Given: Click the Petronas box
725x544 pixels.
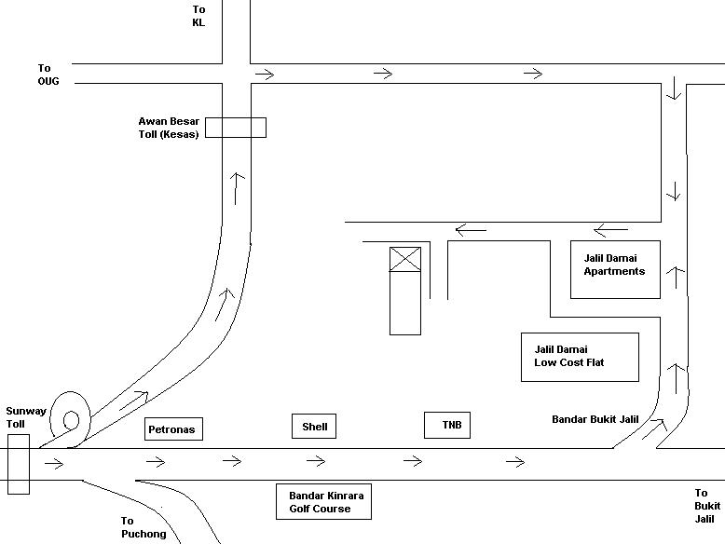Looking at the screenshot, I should coord(174,429).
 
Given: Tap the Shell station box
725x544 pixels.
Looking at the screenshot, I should coord(315,427).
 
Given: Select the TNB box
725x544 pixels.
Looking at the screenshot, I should coord(446,426).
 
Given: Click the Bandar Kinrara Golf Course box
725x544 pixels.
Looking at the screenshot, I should coord(320,502).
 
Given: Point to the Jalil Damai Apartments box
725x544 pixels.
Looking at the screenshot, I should coord(615,269).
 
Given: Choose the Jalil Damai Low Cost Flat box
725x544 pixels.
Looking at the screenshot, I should coord(580,357).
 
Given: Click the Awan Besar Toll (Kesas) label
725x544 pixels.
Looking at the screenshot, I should coord(169,128).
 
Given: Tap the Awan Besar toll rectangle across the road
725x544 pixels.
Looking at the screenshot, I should coord(235,128).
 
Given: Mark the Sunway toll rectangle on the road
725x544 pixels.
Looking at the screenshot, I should coord(19,463).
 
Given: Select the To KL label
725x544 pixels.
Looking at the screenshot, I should coord(198,16).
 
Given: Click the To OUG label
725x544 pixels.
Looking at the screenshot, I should coord(48,75).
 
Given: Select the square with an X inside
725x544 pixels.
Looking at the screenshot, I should coord(404,259).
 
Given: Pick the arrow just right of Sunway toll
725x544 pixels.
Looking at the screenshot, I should coord(53,462).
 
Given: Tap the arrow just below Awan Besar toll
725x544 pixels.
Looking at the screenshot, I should coord(238,188).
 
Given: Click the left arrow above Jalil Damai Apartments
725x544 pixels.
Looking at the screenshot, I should coord(611,230).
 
